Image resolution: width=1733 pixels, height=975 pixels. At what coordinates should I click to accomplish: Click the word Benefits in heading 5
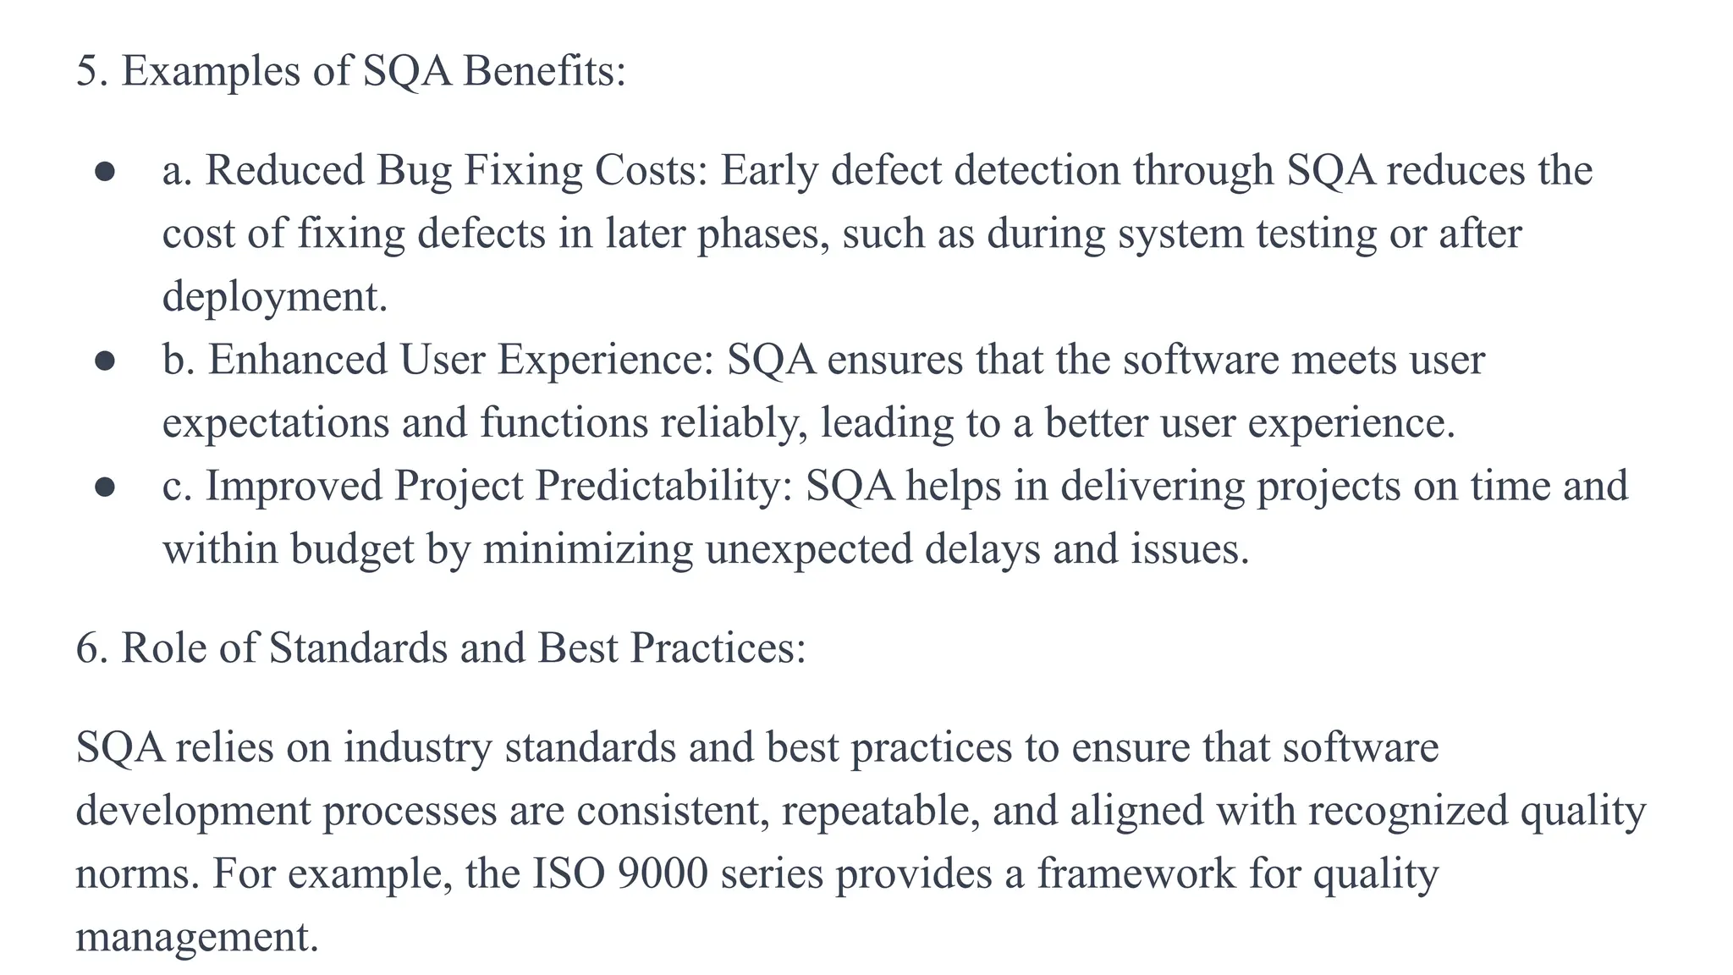(x=544, y=71)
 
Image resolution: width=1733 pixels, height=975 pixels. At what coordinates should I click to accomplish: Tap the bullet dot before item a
(x=105, y=173)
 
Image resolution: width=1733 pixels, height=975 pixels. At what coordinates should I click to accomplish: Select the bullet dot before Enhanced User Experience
(x=105, y=361)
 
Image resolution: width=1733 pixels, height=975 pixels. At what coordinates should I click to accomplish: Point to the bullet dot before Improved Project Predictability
(x=105, y=487)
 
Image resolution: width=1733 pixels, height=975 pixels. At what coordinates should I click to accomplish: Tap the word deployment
(x=274, y=297)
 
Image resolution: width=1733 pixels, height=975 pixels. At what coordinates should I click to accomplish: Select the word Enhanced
(x=298, y=360)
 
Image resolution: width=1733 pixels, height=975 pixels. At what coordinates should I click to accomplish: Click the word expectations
(x=276, y=423)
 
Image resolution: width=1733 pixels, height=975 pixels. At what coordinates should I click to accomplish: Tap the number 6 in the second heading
(x=86, y=649)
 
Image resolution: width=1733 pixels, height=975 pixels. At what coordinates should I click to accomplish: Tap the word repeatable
(x=880, y=811)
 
